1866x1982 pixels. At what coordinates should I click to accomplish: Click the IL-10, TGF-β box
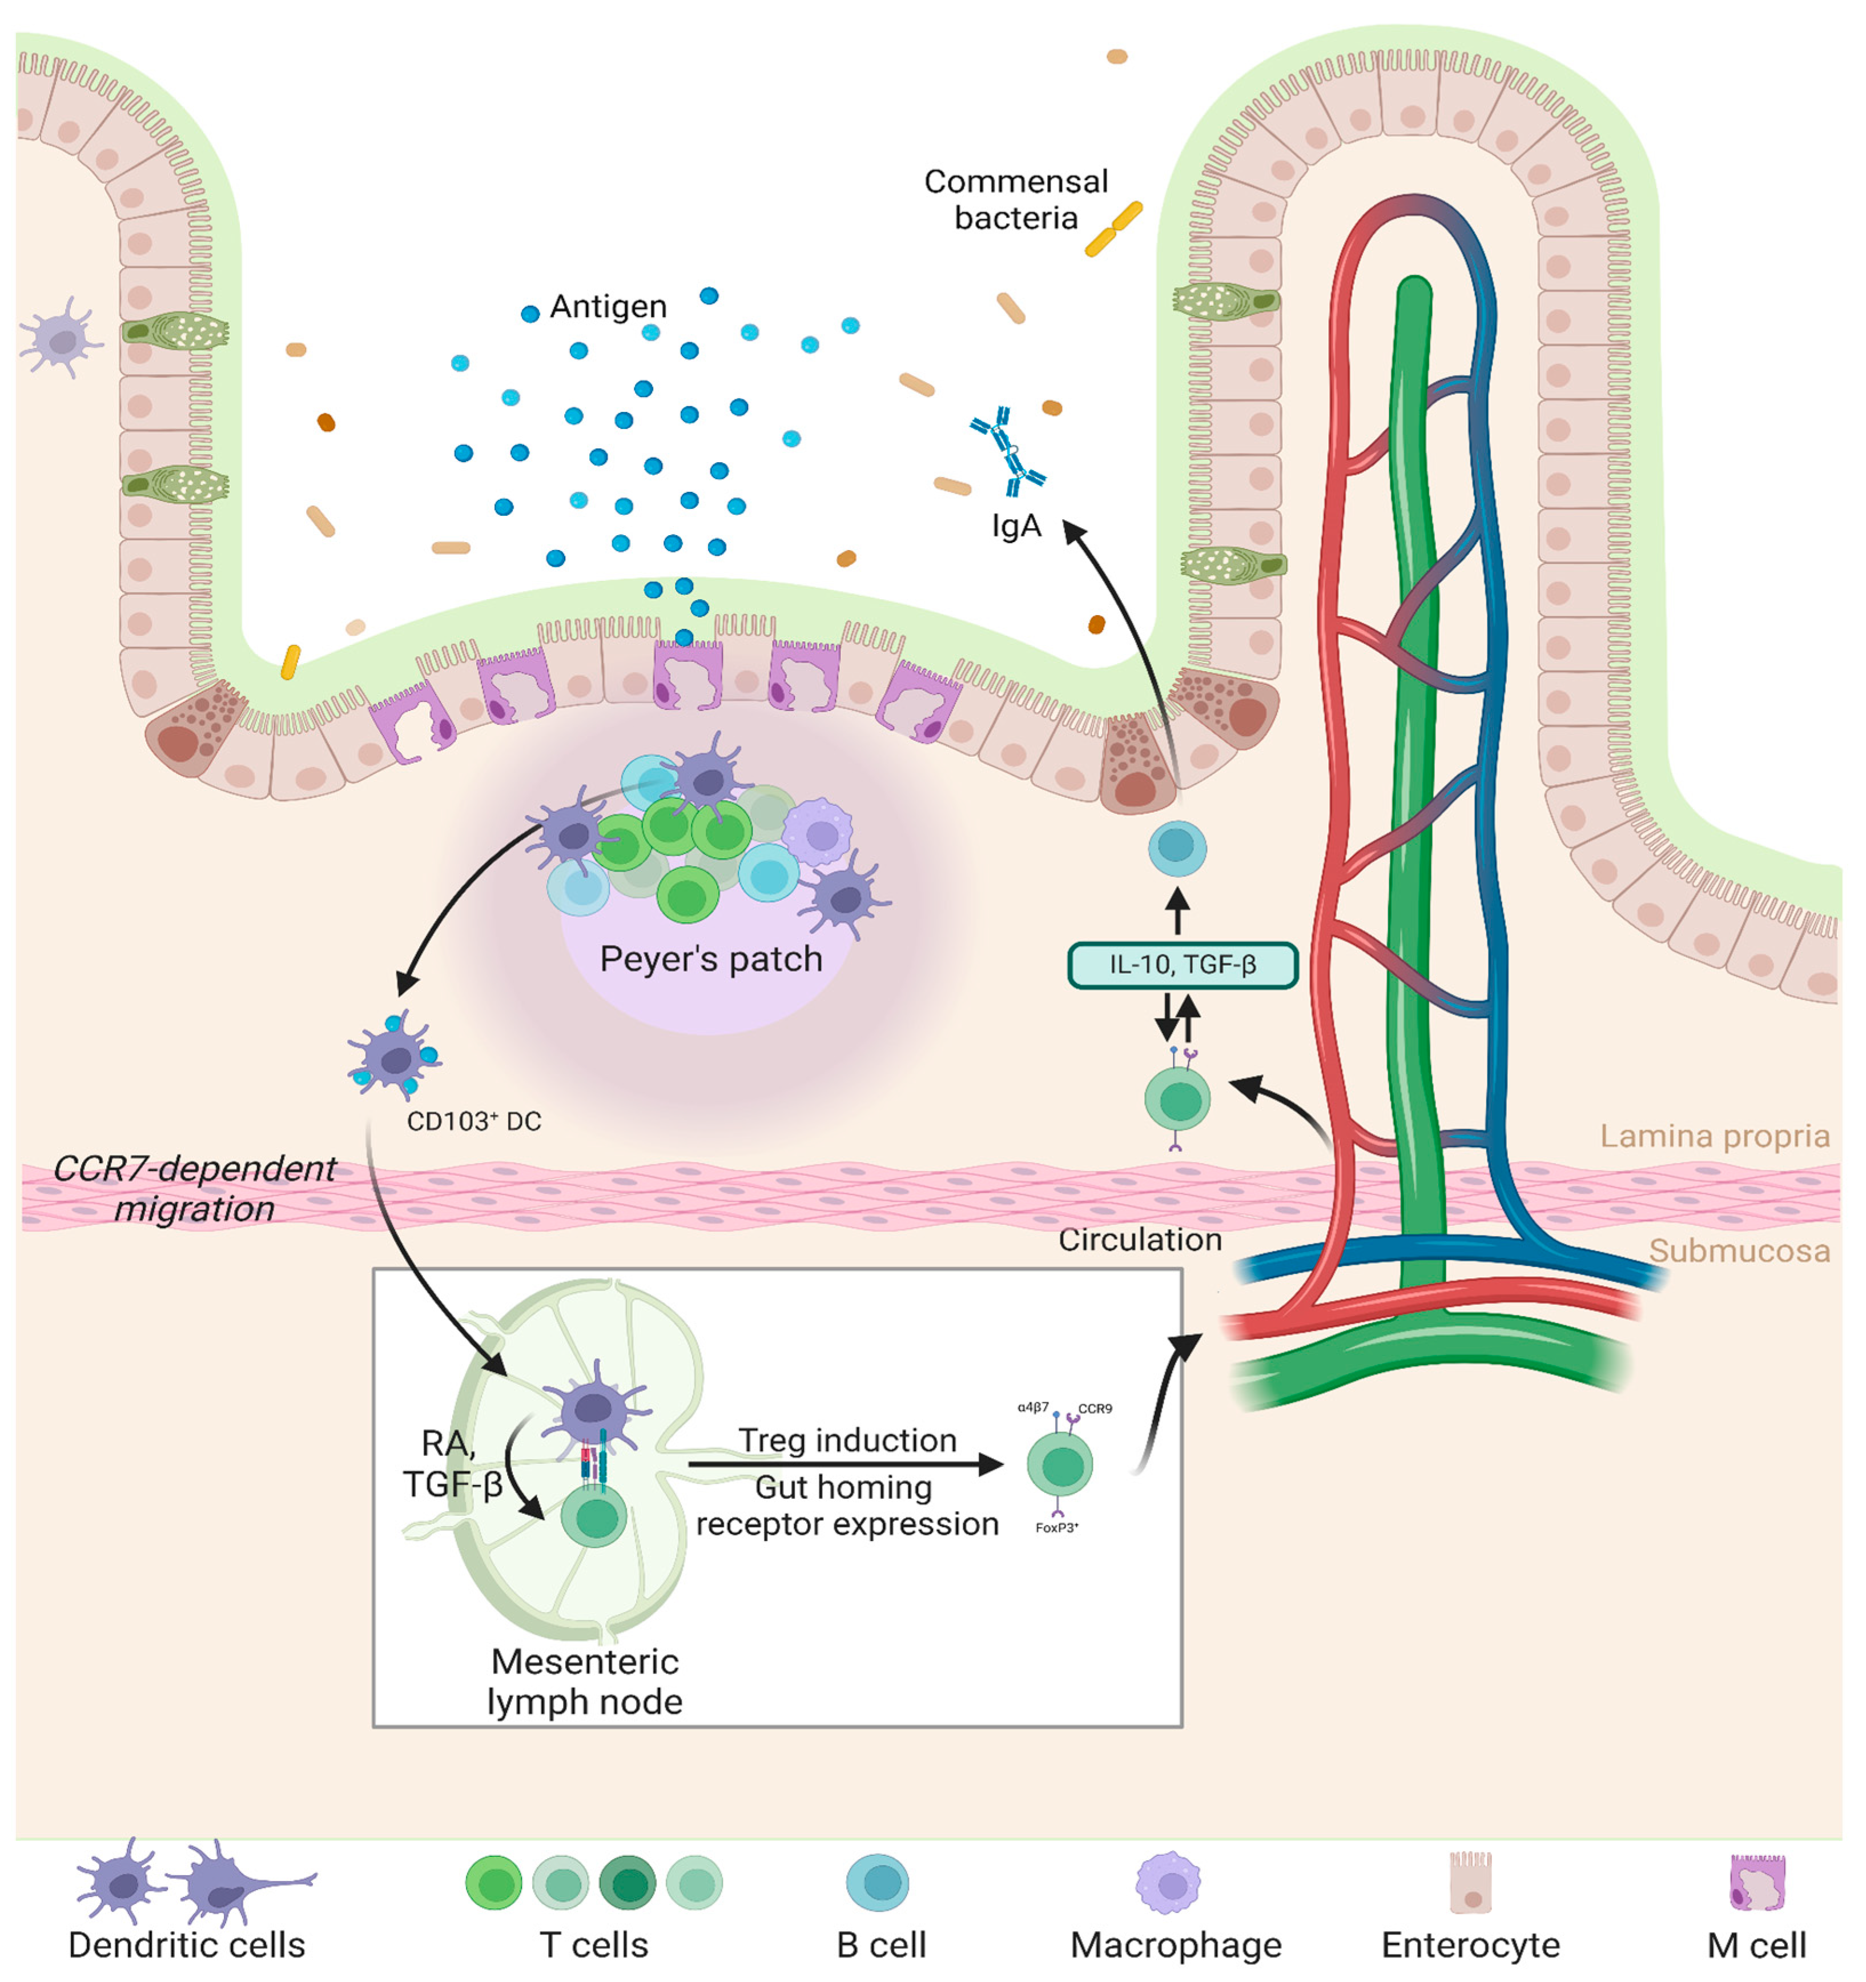(1182, 965)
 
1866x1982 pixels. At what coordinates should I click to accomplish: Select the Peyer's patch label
(711, 959)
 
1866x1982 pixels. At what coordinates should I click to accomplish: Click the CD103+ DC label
(473, 1122)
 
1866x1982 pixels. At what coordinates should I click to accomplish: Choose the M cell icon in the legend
(1756, 1882)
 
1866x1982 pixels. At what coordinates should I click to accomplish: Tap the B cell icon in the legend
(877, 1882)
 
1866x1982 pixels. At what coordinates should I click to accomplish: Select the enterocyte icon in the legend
(1470, 1882)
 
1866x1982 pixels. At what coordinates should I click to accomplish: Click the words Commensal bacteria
(1016, 199)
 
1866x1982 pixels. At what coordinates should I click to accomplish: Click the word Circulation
(1139, 1239)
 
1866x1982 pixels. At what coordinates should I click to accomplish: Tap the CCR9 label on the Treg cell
(1095, 1409)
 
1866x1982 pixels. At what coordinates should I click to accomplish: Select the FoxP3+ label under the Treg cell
(1056, 1527)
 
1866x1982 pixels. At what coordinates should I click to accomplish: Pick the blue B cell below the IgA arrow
(1177, 848)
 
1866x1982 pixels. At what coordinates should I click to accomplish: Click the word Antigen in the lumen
(608, 306)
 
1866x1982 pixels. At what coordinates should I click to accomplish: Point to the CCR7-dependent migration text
(194, 1189)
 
